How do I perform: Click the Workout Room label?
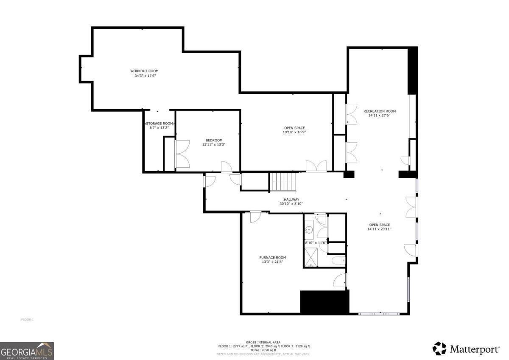(144, 71)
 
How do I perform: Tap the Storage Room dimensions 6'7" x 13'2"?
(159, 127)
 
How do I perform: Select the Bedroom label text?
(214, 140)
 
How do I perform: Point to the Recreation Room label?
(379, 111)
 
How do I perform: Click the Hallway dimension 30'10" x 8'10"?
(291, 204)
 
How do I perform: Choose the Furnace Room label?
(272, 257)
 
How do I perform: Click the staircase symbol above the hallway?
(283, 182)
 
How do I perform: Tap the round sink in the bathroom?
(309, 230)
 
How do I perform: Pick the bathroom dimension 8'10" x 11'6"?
(316, 243)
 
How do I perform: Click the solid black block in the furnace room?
(324, 302)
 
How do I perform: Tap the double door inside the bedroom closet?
(183, 154)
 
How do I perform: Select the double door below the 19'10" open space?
(316, 166)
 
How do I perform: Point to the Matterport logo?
(466, 349)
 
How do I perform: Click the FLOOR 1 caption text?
(27, 320)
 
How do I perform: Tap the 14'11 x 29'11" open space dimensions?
(379, 229)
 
